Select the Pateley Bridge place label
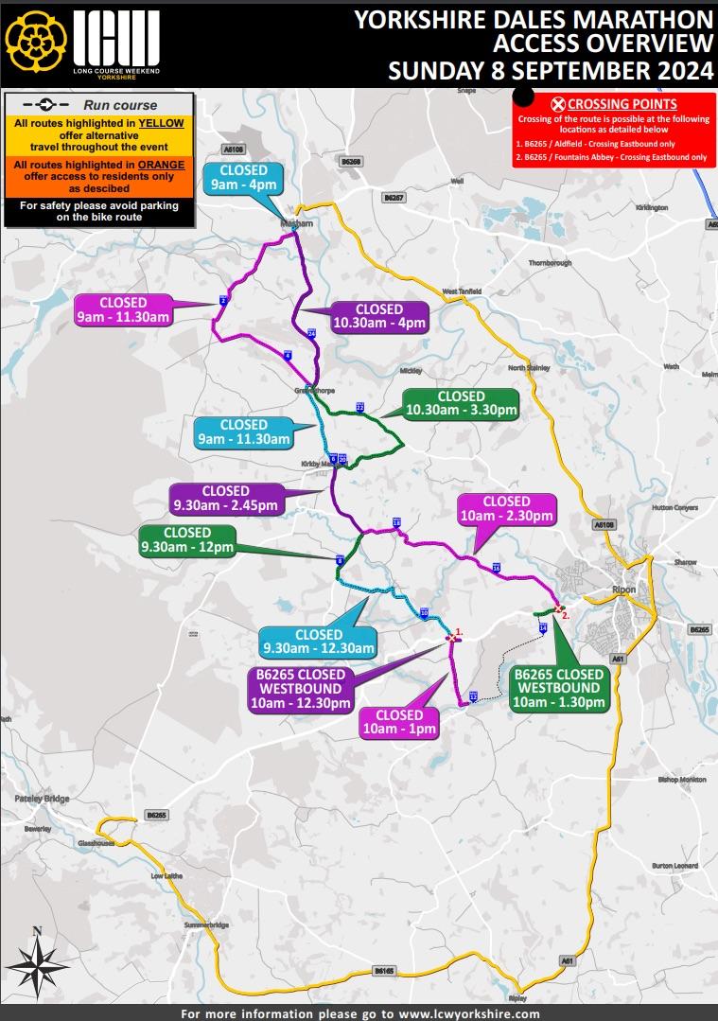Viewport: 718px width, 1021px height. click(x=42, y=800)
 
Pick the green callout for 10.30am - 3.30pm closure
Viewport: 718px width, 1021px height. click(x=461, y=403)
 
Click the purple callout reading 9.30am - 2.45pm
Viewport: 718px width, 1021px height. click(x=225, y=498)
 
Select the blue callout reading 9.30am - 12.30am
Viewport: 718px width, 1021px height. click(x=319, y=642)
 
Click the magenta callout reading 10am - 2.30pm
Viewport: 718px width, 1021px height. click(x=507, y=508)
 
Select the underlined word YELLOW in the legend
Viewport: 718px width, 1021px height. click(x=162, y=123)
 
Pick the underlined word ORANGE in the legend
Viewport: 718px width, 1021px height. click(x=161, y=165)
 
